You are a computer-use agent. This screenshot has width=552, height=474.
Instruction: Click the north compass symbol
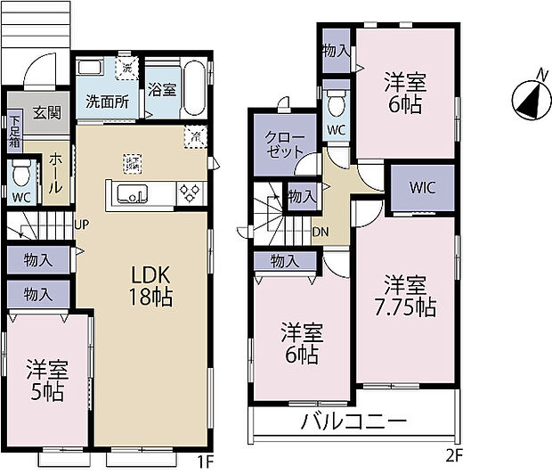[528, 98]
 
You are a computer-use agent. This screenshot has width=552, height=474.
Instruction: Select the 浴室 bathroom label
[161, 89]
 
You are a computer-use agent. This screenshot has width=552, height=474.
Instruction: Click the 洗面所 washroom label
[107, 101]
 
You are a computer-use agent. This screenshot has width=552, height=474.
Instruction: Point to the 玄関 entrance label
[47, 113]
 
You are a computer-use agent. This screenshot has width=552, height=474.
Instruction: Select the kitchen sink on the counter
[134, 193]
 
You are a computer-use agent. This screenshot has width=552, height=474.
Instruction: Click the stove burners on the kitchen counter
[191, 193]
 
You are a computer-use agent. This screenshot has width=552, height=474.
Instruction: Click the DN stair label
[320, 232]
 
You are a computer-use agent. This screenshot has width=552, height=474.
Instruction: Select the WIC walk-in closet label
[423, 188]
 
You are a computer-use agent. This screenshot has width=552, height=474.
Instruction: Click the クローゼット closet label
[284, 143]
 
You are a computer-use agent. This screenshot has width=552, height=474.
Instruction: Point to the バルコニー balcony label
[353, 421]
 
